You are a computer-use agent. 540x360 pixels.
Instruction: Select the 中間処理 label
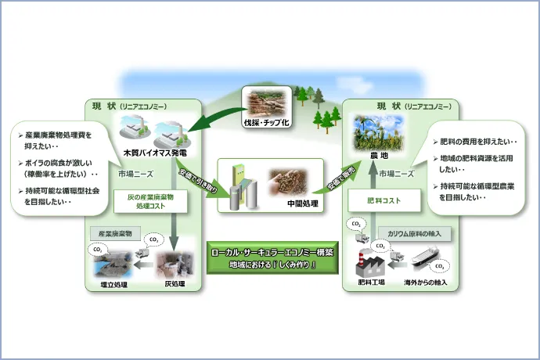(299, 204)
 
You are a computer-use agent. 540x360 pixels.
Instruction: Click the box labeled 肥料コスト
(383, 200)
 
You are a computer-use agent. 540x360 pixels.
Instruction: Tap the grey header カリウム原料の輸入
(412, 233)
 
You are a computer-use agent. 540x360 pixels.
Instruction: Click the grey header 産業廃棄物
(116, 233)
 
